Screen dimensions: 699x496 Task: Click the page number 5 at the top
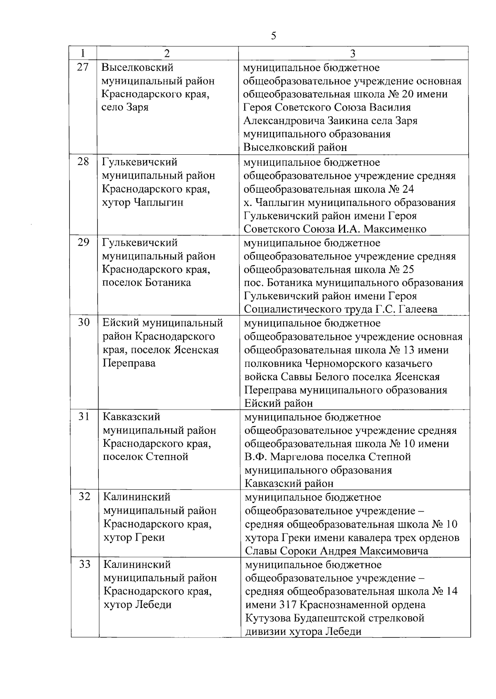tap(273, 36)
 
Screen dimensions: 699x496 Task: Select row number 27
tap(83, 67)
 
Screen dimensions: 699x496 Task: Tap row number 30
tap(84, 323)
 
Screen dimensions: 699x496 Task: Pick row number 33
tap(84, 564)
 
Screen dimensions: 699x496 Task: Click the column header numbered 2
tap(166, 53)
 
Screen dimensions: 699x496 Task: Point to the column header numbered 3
tap(353, 53)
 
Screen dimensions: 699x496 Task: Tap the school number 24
tap(408, 189)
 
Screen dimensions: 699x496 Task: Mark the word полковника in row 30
tap(272, 364)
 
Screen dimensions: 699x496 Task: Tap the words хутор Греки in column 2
tap(134, 538)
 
